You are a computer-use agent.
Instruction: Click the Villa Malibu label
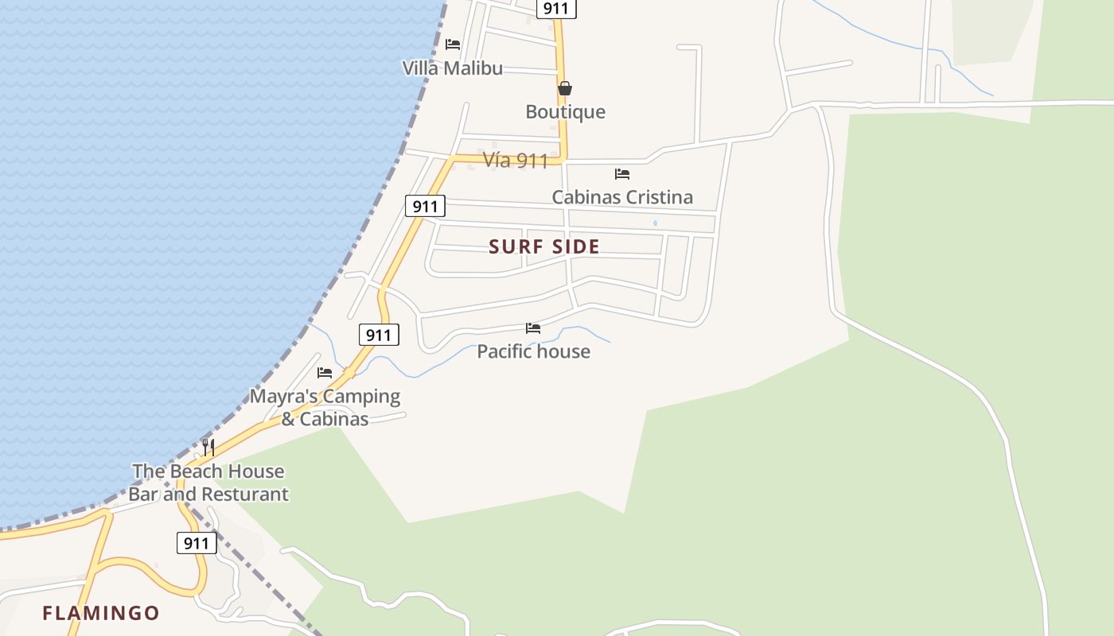tap(452, 68)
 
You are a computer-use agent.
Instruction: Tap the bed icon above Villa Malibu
tap(453, 45)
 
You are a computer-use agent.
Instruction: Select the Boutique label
tap(565, 112)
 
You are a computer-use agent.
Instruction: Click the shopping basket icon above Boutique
tap(565, 88)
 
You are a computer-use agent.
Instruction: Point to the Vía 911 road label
tap(515, 161)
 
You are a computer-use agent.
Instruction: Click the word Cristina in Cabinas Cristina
tap(656, 197)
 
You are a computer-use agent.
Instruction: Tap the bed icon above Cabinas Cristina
tap(622, 173)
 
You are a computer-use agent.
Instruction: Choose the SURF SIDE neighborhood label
tap(544, 247)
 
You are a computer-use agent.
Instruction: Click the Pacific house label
tap(533, 351)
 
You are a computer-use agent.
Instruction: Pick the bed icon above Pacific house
tap(533, 328)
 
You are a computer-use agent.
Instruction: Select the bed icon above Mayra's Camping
tap(325, 372)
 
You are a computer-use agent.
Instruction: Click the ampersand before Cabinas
tap(288, 419)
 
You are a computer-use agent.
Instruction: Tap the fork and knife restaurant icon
tap(208, 447)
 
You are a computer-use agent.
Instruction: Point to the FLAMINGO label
tap(101, 614)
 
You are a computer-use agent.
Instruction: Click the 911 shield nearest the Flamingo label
tap(196, 544)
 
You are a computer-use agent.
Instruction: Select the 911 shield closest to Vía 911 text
tap(425, 207)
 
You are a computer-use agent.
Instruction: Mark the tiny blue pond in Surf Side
tap(655, 223)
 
